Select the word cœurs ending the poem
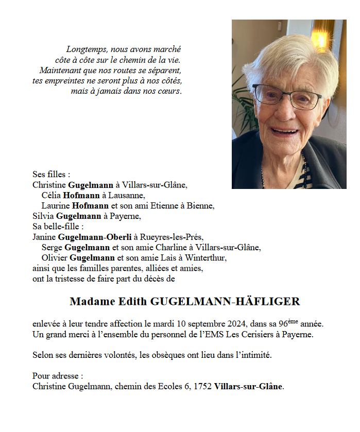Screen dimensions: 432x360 point(170,92)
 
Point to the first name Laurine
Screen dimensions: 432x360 point(56,205)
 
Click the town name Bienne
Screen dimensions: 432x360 point(202,205)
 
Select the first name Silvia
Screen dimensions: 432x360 point(43,216)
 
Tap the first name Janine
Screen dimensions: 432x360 point(44,237)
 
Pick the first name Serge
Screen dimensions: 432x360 point(52,247)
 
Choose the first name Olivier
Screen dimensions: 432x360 point(55,257)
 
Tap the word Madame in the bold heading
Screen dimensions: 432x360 point(91,302)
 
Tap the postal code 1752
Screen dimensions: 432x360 point(203,386)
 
